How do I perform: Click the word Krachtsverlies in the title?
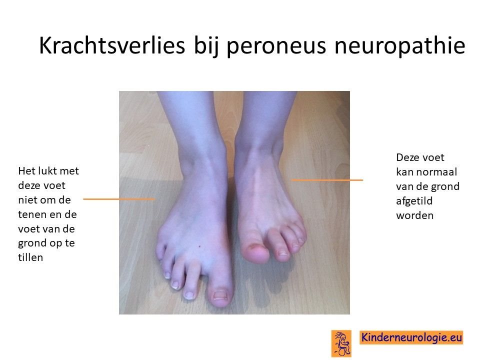pos(112,45)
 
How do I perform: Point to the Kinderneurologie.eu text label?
pos(411,337)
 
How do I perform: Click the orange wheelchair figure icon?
pos(341,343)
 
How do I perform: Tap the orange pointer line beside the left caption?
pos(119,199)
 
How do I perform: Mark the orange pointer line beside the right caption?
pos(327,180)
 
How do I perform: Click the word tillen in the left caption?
pos(30,257)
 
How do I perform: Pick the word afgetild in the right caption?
pos(414,201)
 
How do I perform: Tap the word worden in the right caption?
pos(415,215)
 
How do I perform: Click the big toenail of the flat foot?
pos(220,295)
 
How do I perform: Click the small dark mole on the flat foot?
pos(199,246)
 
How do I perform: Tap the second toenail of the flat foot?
pos(189,295)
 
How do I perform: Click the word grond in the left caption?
pos(31,243)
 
